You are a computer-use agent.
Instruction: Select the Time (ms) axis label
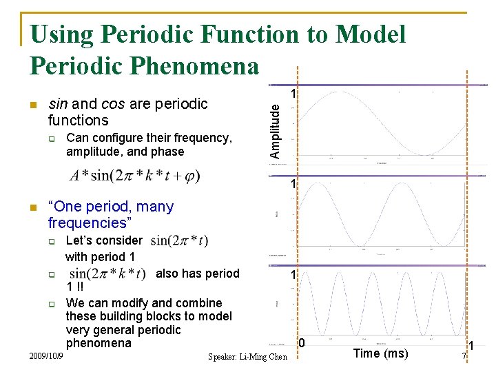tap(380, 353)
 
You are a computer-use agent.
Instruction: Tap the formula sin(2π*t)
tap(179, 241)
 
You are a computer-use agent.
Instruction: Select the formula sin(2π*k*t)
tap(108, 273)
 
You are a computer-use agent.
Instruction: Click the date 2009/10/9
tap(47, 355)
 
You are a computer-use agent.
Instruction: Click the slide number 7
tap(464, 355)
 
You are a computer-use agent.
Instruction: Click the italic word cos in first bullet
tap(112, 104)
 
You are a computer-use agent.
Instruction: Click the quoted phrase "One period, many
tap(111, 206)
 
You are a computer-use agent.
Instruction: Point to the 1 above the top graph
tap(293, 93)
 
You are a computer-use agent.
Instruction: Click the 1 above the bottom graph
tap(293, 275)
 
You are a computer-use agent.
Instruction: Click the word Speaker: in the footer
tap(227, 356)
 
